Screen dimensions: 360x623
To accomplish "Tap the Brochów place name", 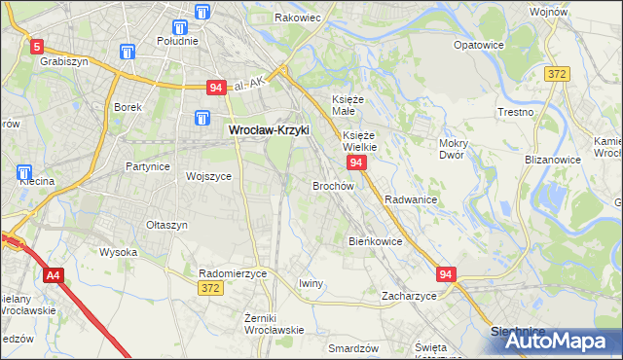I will click(332, 185).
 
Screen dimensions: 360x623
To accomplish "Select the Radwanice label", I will click(410, 198).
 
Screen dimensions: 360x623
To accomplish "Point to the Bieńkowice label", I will click(375, 240).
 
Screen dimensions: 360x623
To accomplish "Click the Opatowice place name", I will click(479, 45).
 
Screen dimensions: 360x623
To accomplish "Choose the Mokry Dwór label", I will click(454, 150).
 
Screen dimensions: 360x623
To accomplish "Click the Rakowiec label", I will click(298, 18).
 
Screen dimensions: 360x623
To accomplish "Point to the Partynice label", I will click(148, 166).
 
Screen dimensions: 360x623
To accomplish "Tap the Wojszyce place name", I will click(208, 176).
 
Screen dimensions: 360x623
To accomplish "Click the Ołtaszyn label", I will click(166, 225).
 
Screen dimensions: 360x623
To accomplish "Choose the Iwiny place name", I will click(311, 283).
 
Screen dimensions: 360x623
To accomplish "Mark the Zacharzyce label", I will click(409, 295).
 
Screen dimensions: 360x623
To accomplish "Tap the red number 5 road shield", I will click(37, 46).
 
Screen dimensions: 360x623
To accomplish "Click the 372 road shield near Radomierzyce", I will click(209, 289).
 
